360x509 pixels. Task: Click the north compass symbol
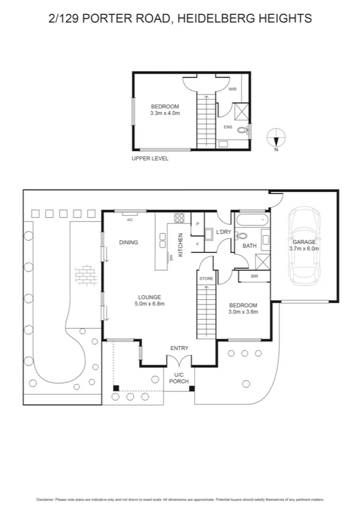276,138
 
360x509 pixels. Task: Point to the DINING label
128,243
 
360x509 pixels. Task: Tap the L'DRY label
223,232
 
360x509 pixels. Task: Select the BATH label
249,246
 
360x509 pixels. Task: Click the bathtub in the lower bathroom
250,222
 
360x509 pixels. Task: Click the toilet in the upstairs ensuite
243,130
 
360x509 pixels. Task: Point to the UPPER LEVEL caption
150,159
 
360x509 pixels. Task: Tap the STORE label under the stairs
205,278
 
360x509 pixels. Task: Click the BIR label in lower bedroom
255,276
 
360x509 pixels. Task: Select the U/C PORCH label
179,378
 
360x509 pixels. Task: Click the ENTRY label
179,348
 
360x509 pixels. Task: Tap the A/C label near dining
129,219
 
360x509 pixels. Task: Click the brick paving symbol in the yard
84,275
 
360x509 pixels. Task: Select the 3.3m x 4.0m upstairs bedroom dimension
165,113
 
